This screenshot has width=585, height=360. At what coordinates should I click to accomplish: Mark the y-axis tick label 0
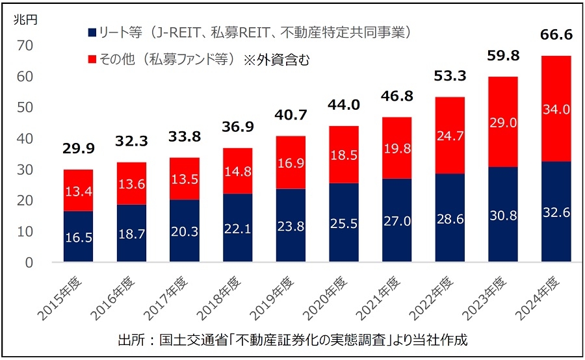[x=29, y=263]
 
